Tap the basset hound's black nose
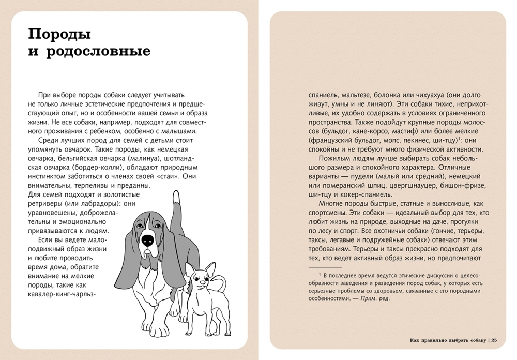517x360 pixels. click(x=147, y=239)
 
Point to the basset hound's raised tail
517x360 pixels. click(x=176, y=199)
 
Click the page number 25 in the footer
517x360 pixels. click(x=494, y=340)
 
